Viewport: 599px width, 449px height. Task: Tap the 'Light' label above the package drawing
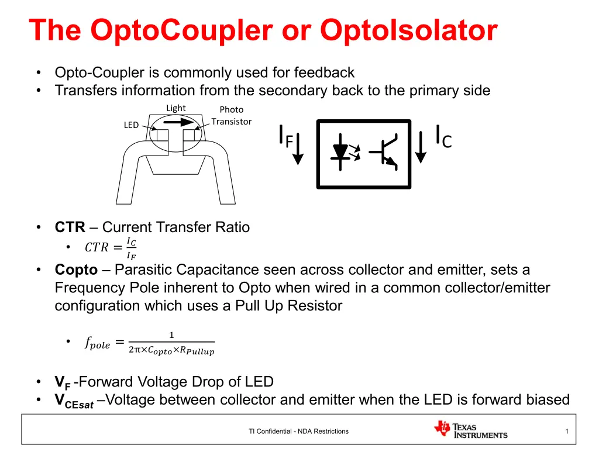click(x=175, y=108)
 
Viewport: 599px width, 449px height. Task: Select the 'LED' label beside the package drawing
click(x=131, y=125)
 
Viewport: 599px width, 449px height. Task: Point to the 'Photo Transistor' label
click(x=232, y=116)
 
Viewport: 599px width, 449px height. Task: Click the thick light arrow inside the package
click(x=178, y=122)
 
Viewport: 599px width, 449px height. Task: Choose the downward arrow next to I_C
click(x=421, y=147)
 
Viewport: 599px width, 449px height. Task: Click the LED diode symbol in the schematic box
click(x=340, y=151)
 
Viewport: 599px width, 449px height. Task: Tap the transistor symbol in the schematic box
click(x=384, y=151)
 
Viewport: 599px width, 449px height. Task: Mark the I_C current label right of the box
click(x=444, y=137)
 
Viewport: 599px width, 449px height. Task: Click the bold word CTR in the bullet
click(x=70, y=227)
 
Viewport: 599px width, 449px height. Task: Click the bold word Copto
click(x=77, y=270)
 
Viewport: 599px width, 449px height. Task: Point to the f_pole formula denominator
click(x=171, y=350)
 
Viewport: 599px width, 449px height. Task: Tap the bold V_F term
click(x=63, y=382)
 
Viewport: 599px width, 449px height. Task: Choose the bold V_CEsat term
click(x=74, y=401)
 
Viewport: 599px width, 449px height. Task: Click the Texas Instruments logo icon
click(x=442, y=429)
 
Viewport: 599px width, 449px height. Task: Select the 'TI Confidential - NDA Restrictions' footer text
click(x=299, y=431)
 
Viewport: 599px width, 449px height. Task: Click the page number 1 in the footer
click(x=566, y=431)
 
